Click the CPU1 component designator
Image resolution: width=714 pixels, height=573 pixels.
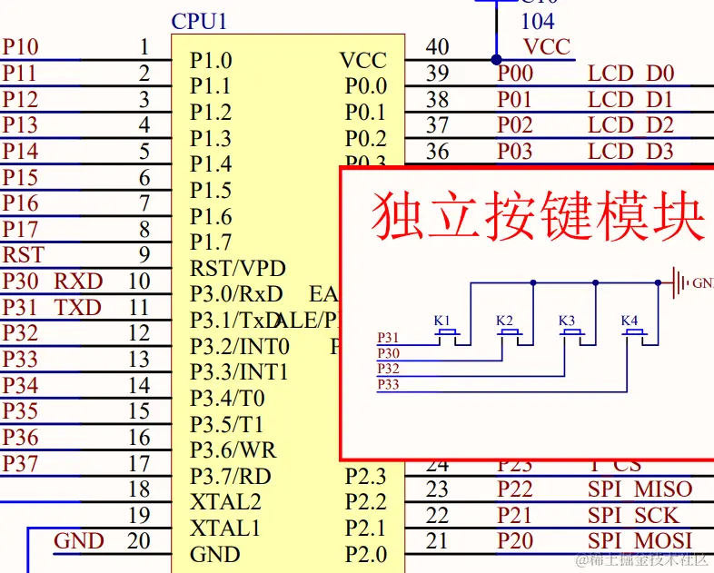coord(198,21)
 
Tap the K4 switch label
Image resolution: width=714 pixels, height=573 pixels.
coord(630,321)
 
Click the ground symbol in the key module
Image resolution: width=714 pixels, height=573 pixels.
coord(679,282)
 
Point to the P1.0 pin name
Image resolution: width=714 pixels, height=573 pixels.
coord(211,61)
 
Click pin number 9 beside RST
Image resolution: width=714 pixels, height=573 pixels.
coord(144,255)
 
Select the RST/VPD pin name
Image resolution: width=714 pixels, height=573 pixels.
coord(238,269)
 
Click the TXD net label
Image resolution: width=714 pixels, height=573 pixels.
coord(78,308)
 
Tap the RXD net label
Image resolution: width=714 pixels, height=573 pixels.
coord(78,282)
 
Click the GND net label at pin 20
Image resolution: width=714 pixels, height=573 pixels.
coord(79,541)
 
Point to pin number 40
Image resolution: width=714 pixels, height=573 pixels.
coord(438,47)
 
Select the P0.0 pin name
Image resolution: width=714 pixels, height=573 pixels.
coord(366,86)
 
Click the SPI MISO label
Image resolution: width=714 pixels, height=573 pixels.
coord(640,489)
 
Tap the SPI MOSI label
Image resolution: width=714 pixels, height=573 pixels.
coord(640,541)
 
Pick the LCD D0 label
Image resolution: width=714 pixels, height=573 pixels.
coord(630,74)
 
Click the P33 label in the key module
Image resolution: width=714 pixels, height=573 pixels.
coord(388,385)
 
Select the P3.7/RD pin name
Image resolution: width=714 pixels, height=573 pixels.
coord(231,476)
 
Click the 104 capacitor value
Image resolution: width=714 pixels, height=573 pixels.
coord(537,21)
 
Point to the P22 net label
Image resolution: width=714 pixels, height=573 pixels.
coord(515,489)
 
